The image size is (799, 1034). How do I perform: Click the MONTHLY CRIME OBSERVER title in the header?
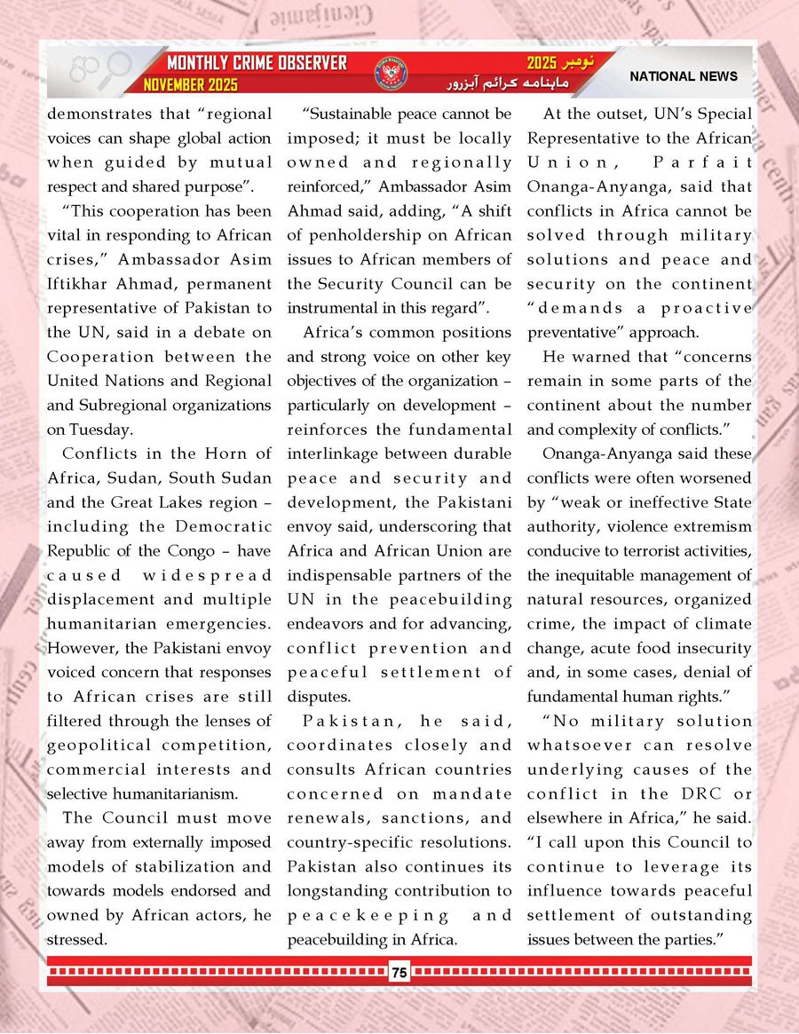tap(257, 64)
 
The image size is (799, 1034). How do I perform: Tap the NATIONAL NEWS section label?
tap(684, 76)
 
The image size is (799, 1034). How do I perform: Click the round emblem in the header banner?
tap(390, 73)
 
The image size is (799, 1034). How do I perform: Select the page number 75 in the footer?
tap(399, 973)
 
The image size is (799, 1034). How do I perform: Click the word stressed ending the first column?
tap(77, 939)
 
